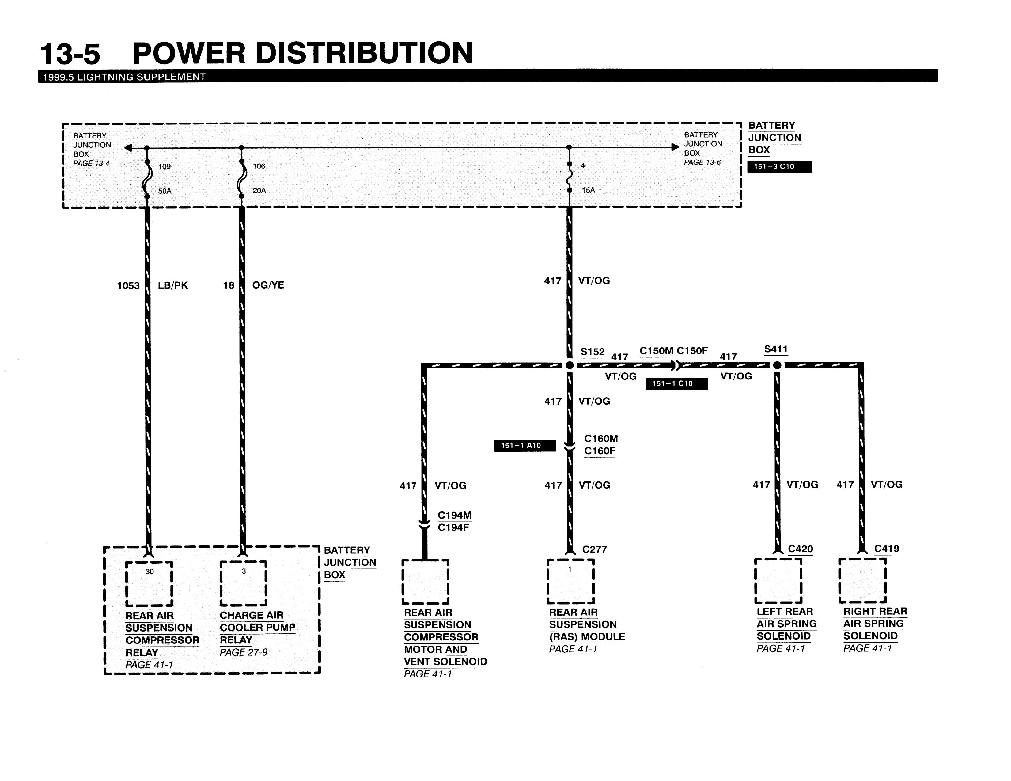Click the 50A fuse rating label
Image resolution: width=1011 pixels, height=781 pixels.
point(165,191)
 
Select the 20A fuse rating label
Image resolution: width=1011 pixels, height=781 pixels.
point(259,190)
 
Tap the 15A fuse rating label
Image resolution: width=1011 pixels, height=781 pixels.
point(588,190)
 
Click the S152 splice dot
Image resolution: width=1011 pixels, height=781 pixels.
point(570,365)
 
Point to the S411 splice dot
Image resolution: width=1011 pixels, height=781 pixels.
point(777,365)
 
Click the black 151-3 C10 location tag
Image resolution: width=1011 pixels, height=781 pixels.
point(780,167)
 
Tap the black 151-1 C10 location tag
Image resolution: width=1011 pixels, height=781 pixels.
point(677,383)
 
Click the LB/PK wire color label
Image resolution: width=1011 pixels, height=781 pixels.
point(173,285)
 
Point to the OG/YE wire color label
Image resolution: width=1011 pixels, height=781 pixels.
point(268,285)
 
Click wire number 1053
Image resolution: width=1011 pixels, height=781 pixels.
point(128,285)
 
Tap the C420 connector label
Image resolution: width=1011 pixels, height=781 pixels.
point(800,549)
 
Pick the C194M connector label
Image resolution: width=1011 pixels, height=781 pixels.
point(455,515)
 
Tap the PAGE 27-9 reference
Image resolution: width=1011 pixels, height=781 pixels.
point(244,652)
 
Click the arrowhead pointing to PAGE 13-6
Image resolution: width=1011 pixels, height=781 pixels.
point(675,147)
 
